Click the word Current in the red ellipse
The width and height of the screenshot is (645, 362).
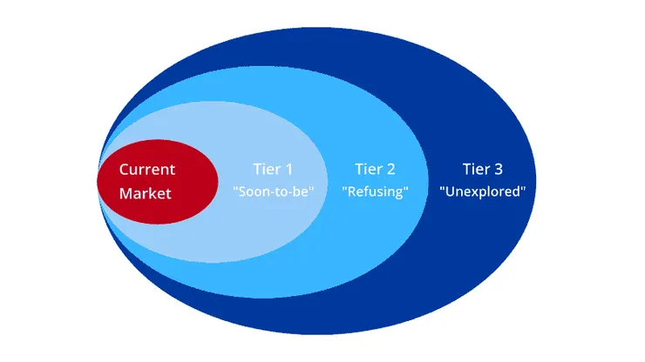coord(146,170)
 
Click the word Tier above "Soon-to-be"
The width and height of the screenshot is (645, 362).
coord(267,170)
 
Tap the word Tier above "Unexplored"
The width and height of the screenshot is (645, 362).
coord(475,170)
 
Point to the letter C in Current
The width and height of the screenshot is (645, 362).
coord(124,170)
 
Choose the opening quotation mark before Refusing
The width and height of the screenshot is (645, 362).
coord(345,188)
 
